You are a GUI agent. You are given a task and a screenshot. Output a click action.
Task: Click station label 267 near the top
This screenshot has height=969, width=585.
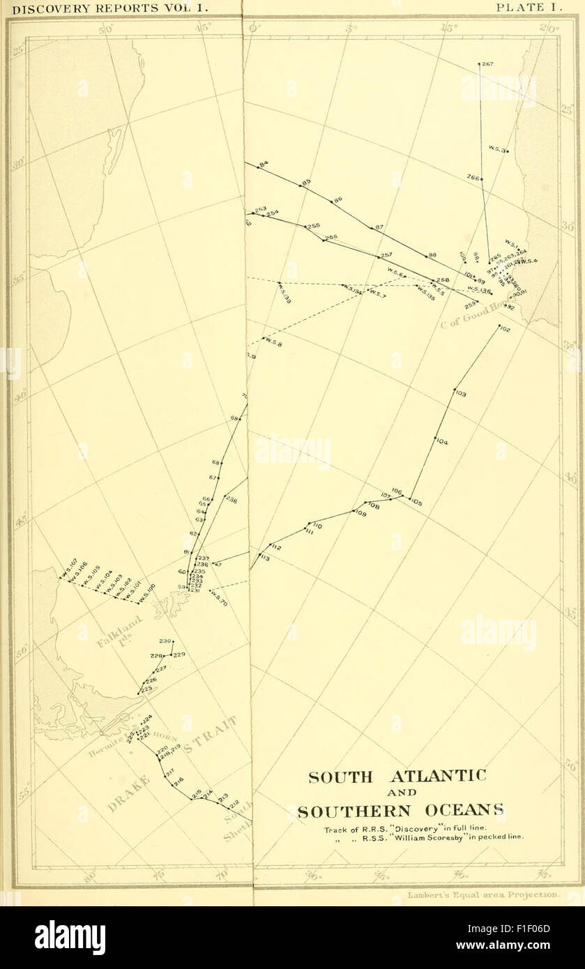pos(487,65)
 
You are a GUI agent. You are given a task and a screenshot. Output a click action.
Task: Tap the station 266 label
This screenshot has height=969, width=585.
pos(473,178)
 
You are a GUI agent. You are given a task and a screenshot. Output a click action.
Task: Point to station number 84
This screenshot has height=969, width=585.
pos(264,165)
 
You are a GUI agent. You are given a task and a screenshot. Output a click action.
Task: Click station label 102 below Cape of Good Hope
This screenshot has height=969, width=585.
pos(506,329)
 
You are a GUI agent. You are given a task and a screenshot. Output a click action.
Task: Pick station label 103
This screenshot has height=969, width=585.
pos(460,395)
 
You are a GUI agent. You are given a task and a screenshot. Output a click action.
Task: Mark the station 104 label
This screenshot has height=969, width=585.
pos(442,442)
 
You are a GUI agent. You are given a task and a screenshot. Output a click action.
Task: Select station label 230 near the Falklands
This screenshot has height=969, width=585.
pos(165,641)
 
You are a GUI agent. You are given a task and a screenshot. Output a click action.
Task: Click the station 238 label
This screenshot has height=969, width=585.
pos(231,500)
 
